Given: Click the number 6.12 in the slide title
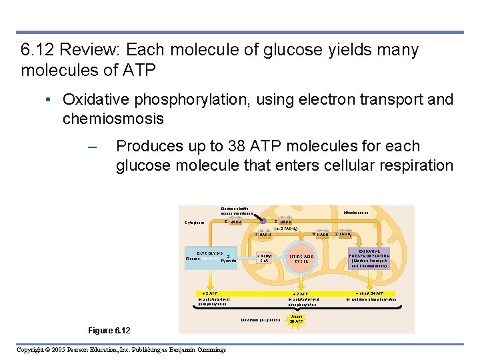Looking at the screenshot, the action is pyautogui.click(x=39, y=50).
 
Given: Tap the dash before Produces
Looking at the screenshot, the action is pyautogui.click(x=92, y=147).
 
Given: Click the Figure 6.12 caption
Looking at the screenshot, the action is pyautogui.click(x=109, y=331).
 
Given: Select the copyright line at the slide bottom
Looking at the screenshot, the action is pyautogui.click(x=121, y=350).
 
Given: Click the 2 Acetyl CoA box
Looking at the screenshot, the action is pyautogui.click(x=265, y=258).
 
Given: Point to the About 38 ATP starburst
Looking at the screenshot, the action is pyautogui.click(x=297, y=319).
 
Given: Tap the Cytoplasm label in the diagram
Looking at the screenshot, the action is pyautogui.click(x=195, y=223).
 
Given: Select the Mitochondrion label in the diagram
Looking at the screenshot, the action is pyautogui.click(x=357, y=213).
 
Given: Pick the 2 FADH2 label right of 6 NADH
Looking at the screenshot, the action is pyautogui.click(x=343, y=234).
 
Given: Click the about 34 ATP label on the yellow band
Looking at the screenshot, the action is pyautogui.click(x=370, y=293).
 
